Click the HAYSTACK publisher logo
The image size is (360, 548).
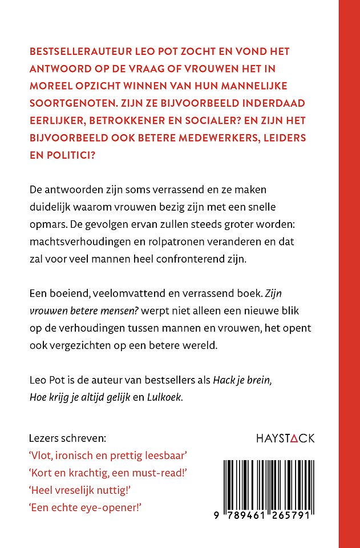[x=284, y=439]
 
